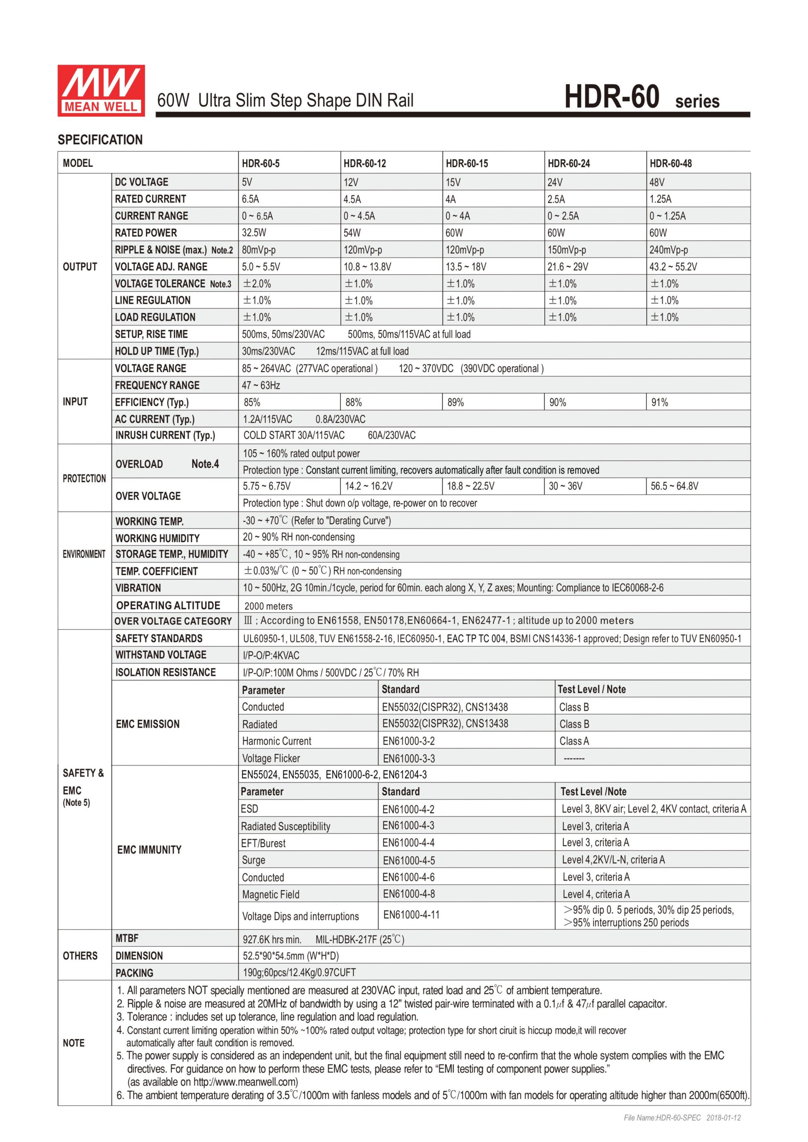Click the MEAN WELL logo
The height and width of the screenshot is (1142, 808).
coord(101,91)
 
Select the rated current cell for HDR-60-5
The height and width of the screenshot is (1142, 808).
coord(250,199)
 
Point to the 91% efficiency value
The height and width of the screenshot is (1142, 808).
coord(660,402)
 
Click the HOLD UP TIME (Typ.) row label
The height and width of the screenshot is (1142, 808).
coord(156,351)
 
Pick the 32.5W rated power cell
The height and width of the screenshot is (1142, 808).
coord(254,233)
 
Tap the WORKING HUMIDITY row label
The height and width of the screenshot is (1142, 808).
coord(157,538)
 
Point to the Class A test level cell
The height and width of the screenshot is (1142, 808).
coord(574,741)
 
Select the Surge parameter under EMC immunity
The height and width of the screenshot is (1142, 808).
coord(253,860)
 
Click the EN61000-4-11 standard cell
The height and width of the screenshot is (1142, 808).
coord(411,914)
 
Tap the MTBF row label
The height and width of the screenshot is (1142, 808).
coord(127,938)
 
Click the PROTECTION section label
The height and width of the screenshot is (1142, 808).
coord(84,479)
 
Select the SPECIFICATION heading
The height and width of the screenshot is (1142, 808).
coord(100,140)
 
